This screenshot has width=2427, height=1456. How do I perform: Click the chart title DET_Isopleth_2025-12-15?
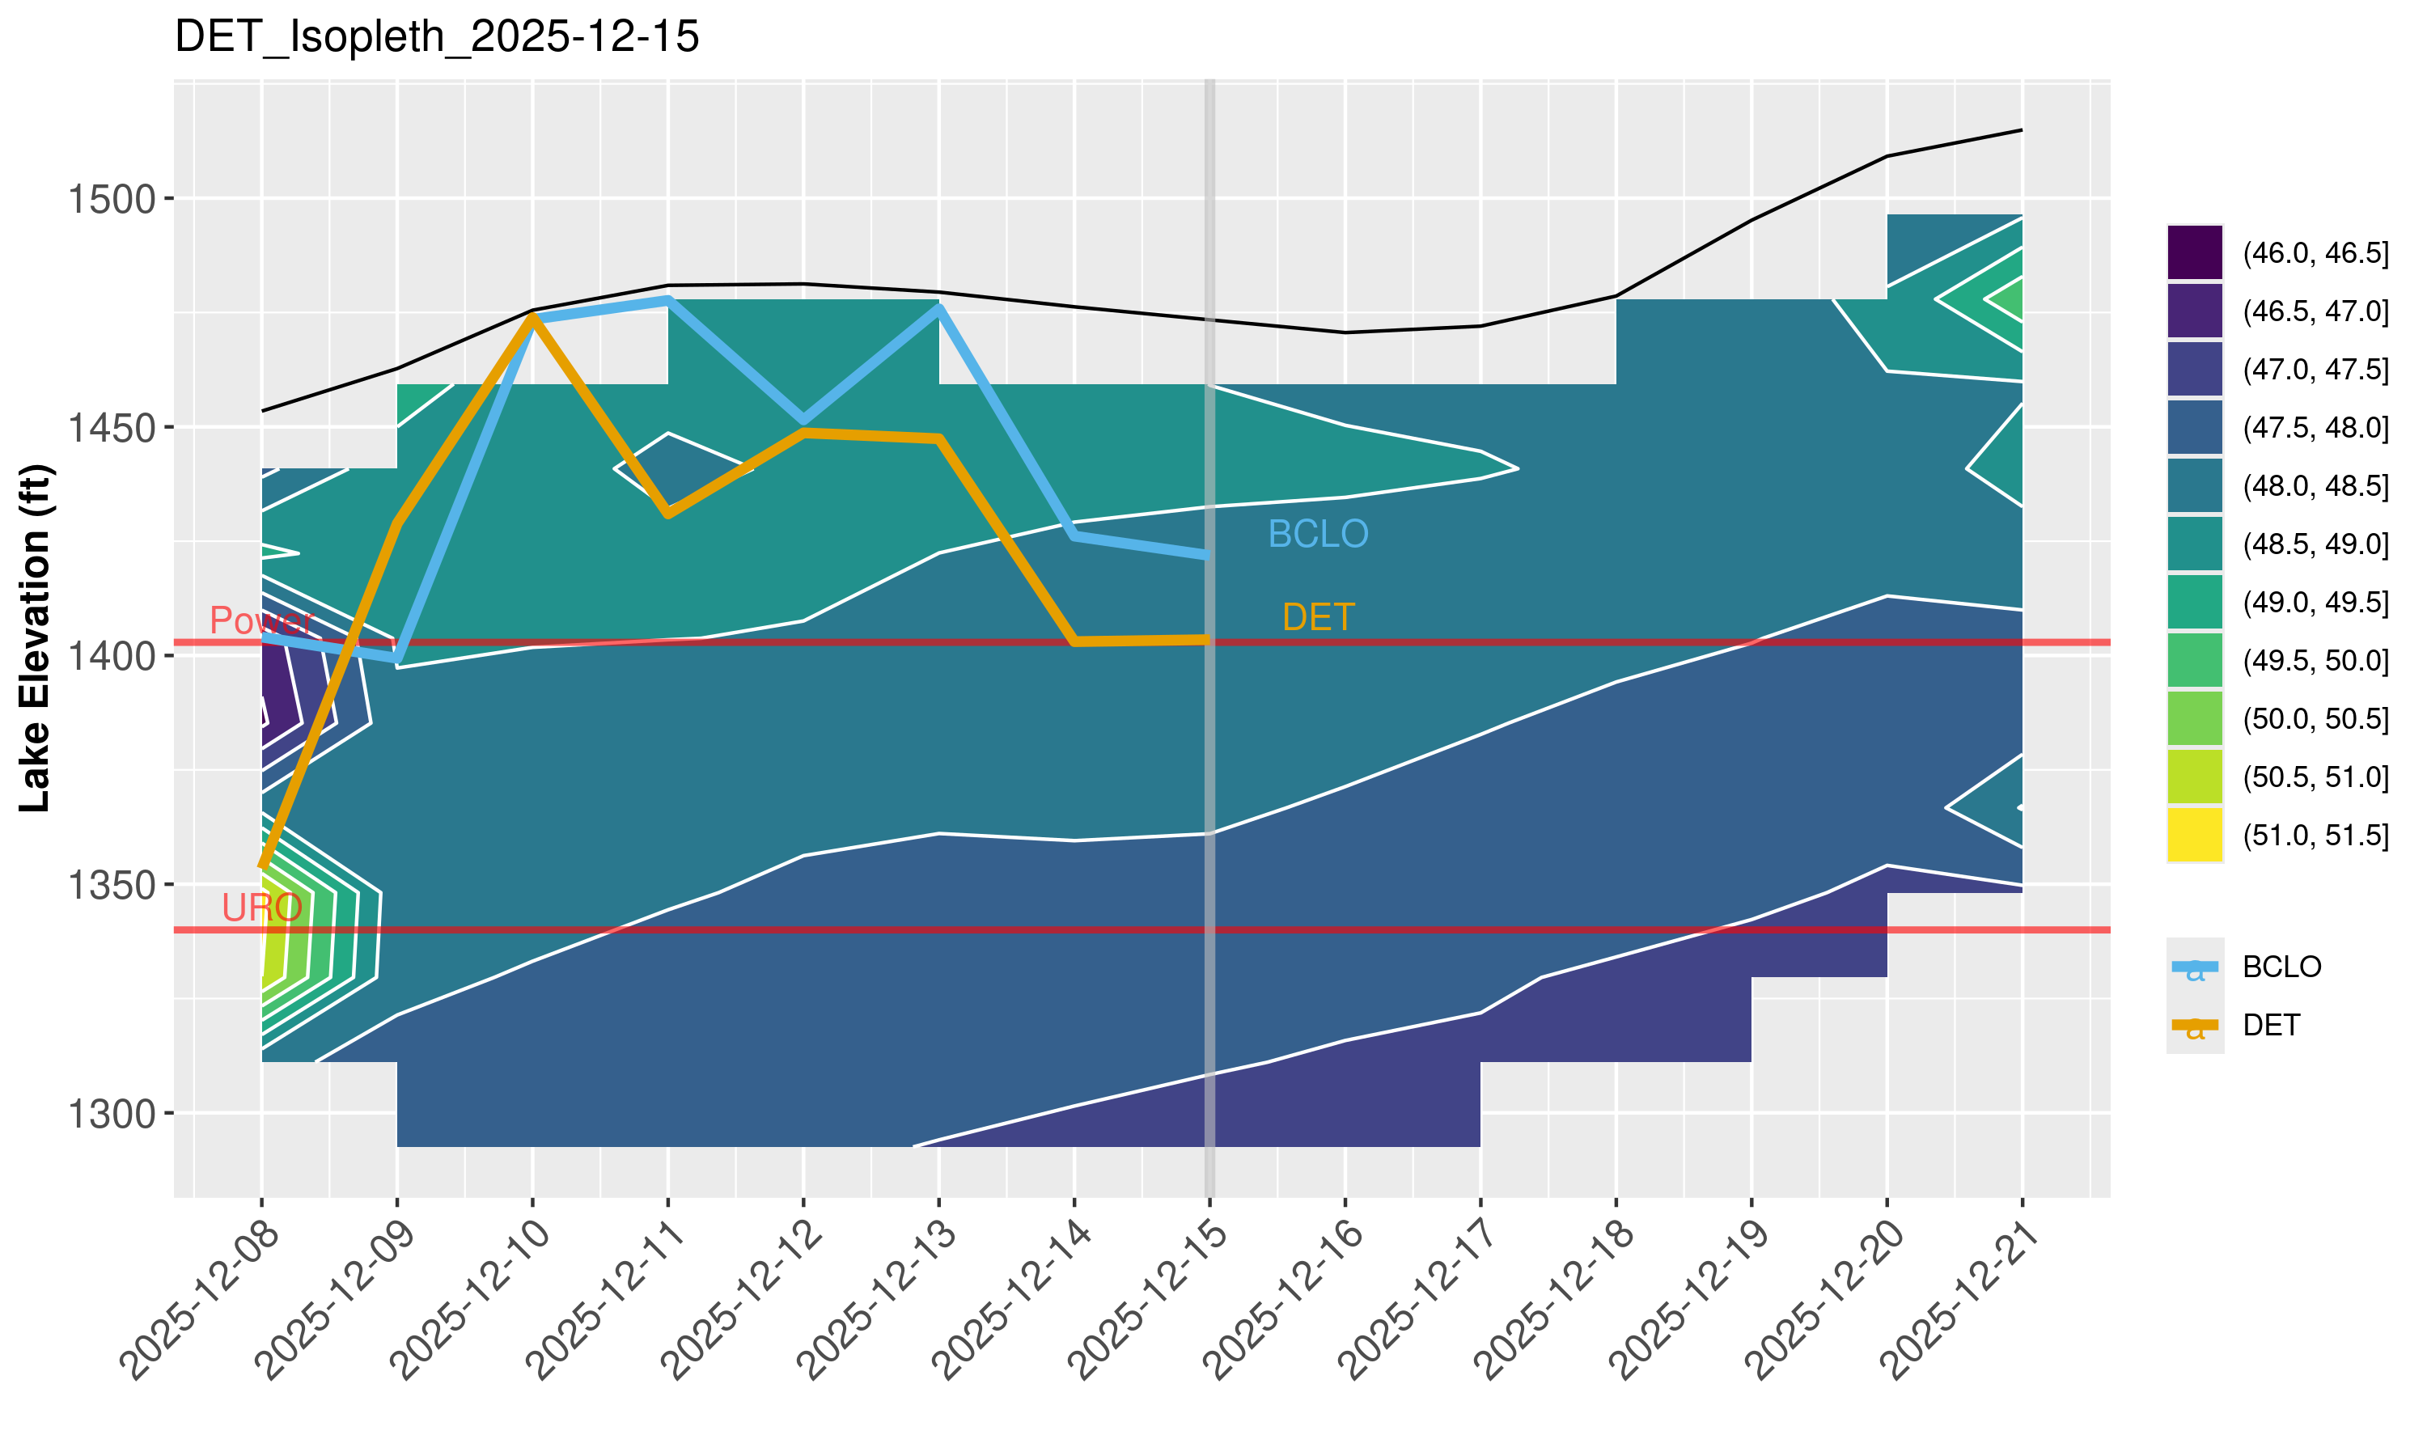click(437, 37)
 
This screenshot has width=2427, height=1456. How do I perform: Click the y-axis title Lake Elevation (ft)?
click(36, 637)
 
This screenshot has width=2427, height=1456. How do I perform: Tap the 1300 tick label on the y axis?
click(112, 1115)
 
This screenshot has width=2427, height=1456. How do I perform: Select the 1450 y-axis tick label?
click(112, 428)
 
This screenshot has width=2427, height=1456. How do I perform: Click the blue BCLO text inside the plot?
click(1318, 534)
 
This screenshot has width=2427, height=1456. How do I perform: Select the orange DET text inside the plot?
click(1318, 617)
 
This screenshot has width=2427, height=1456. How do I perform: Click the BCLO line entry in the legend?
click(2281, 967)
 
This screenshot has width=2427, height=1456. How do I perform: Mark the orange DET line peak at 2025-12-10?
click(532, 316)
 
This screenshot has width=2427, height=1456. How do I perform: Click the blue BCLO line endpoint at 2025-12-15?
click(1207, 556)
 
